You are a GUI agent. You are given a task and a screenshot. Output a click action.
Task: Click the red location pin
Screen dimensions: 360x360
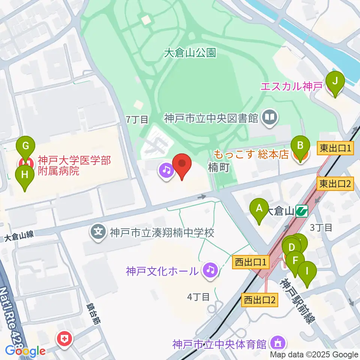click(182, 165)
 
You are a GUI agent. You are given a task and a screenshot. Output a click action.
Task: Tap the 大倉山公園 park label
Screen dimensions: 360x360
click(190, 53)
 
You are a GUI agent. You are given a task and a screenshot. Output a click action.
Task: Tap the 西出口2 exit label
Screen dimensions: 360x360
click(260, 300)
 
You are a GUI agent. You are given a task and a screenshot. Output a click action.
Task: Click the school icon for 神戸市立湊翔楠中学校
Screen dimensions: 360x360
click(99, 232)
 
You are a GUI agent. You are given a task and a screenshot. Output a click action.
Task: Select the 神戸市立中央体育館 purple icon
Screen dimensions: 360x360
click(278, 343)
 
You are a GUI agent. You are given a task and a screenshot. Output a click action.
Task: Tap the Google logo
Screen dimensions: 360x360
click(25, 351)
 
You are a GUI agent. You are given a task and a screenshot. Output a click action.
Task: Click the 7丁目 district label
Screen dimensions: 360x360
click(137, 120)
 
